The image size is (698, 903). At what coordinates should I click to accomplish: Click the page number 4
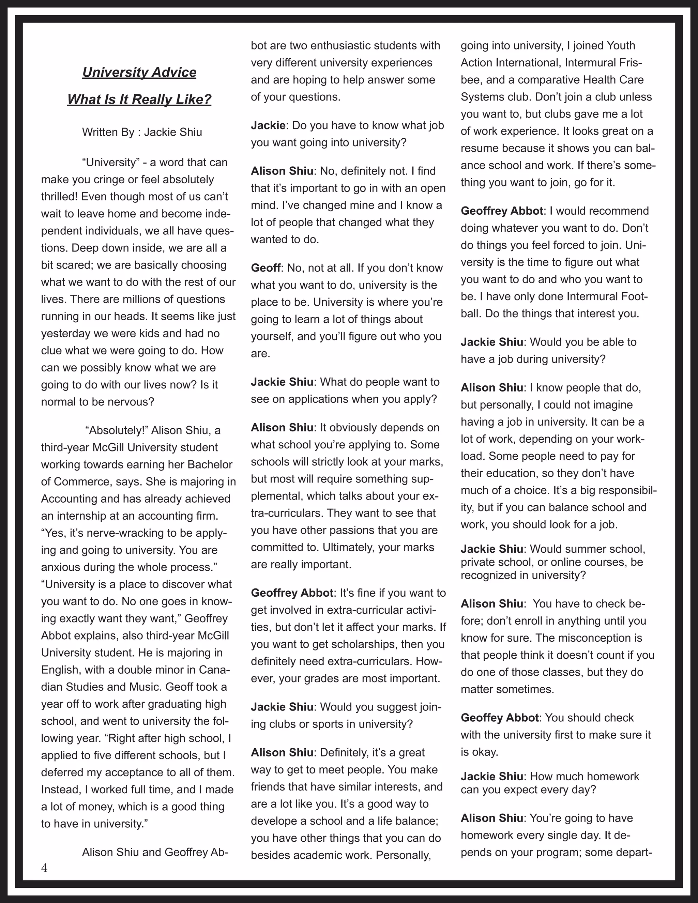44,868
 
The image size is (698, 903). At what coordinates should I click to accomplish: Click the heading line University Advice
139,72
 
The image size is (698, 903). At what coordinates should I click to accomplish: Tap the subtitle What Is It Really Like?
139,100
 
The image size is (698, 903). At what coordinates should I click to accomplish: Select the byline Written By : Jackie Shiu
142,132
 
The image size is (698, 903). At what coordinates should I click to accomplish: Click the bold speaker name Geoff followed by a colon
265,268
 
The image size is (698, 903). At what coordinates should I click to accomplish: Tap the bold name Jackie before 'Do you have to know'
268,125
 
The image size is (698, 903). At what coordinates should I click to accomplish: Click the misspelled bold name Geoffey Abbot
500,718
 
